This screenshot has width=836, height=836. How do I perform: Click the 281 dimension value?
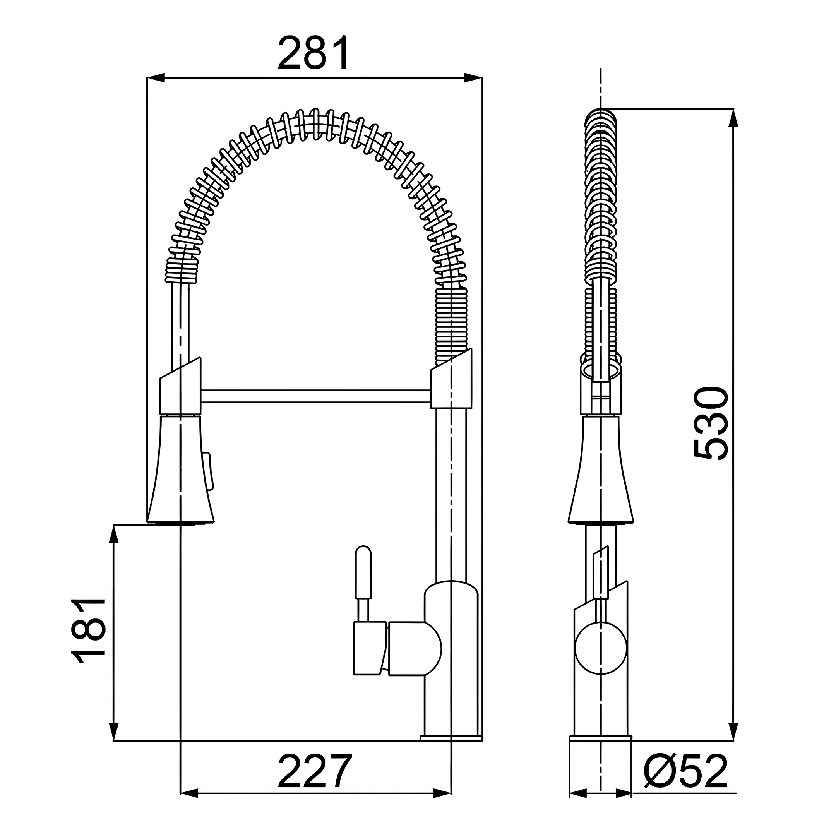click(313, 53)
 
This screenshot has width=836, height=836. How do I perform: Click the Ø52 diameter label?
click(685, 773)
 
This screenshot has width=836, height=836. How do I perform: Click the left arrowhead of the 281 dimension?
click(156, 78)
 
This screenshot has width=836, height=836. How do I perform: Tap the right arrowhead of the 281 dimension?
click(473, 78)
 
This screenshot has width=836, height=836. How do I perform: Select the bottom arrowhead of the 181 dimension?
click(113, 731)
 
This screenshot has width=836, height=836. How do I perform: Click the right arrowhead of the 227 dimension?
click(442, 793)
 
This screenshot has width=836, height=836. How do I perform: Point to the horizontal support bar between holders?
click(315, 396)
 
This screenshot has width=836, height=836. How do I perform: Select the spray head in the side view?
click(600, 472)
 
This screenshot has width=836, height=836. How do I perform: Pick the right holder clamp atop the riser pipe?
click(451, 383)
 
